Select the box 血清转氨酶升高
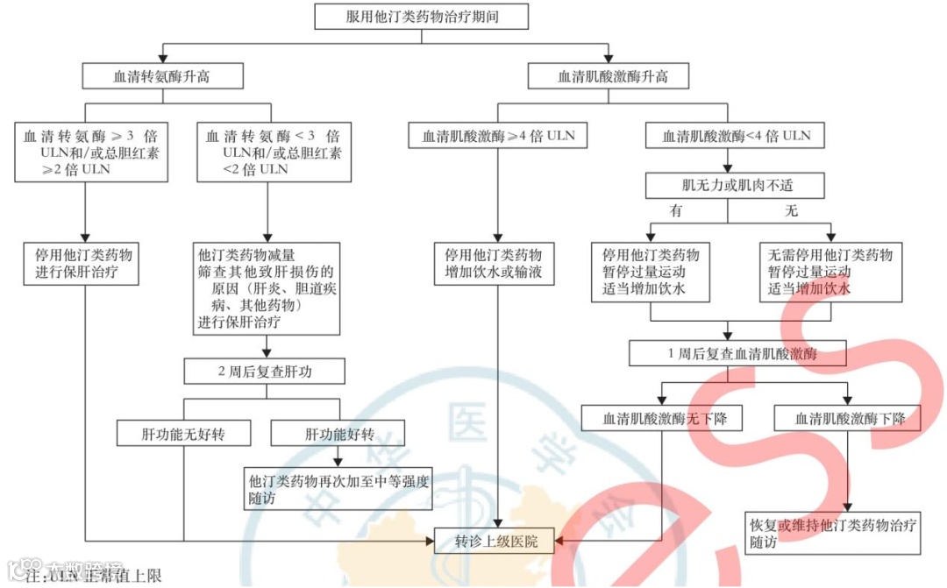tap(161, 76)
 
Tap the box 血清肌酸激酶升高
tap(613, 76)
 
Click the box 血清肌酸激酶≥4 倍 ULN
tap(498, 136)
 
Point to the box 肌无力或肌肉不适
tap(736, 186)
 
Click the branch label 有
tap(675, 211)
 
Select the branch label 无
tap(791, 211)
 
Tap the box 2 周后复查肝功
tap(264, 372)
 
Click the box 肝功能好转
tap(338, 433)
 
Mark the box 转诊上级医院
tap(496, 541)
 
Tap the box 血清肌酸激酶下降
tap(848, 419)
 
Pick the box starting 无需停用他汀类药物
tap(830, 272)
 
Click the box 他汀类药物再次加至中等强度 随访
tap(339, 490)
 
